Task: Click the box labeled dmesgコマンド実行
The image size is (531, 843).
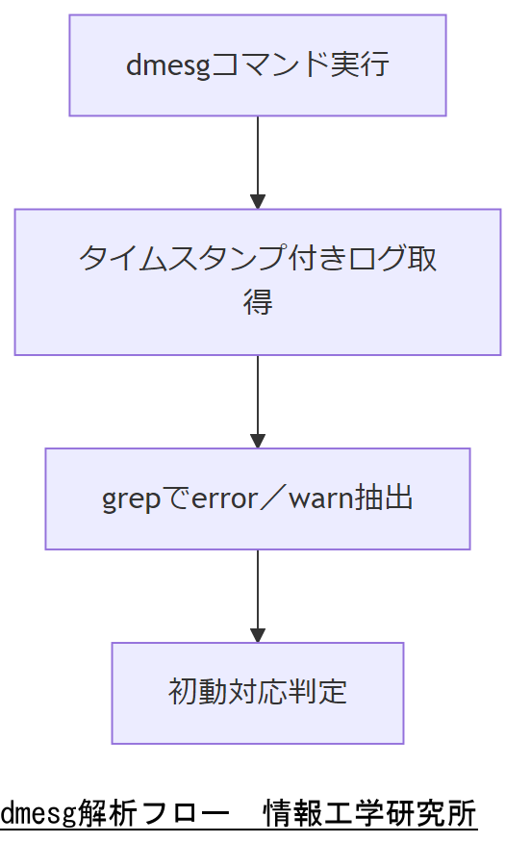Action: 257,65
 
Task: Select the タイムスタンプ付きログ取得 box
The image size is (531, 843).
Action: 257,281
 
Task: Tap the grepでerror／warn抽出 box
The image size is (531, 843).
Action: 257,498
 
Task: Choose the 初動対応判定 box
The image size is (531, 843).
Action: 257,693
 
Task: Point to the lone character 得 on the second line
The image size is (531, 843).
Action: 257,302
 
